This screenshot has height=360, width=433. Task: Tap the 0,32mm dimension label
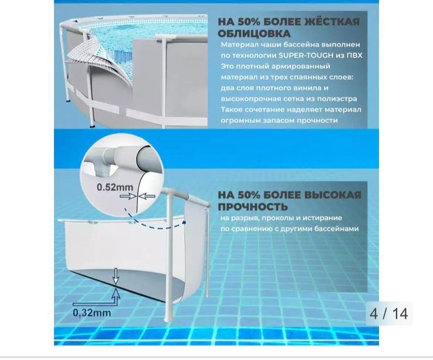(x=92, y=312)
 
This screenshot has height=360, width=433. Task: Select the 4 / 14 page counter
(x=388, y=313)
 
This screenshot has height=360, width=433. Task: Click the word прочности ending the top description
(x=319, y=120)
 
